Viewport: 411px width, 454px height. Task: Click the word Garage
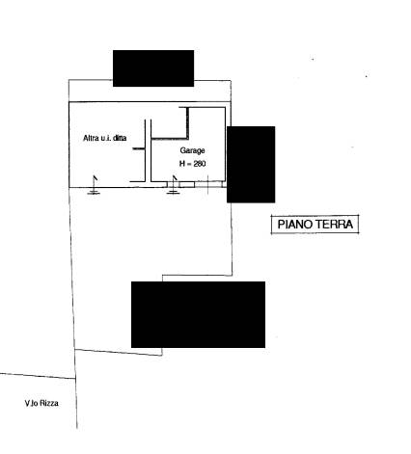click(x=192, y=150)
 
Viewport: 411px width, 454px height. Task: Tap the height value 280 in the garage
click(x=200, y=164)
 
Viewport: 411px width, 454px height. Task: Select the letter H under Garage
click(x=182, y=164)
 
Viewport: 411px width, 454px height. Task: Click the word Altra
click(x=91, y=138)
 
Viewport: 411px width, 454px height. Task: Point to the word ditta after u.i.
click(x=120, y=138)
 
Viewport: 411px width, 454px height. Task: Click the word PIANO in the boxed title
click(x=294, y=224)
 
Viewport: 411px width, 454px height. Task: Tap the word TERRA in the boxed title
click(x=334, y=224)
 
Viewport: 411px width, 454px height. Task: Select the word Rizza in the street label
click(x=49, y=403)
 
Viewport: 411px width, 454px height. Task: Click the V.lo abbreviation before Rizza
click(x=32, y=403)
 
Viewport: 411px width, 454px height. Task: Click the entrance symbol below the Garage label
click(x=173, y=185)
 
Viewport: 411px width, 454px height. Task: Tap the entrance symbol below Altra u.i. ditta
click(x=94, y=185)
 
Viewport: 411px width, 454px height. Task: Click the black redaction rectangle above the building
click(x=153, y=68)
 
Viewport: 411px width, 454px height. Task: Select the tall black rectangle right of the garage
click(x=251, y=165)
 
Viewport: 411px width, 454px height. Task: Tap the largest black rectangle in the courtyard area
click(x=198, y=314)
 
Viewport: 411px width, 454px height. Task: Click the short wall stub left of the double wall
click(x=139, y=148)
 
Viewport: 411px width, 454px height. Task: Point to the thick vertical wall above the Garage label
click(x=187, y=122)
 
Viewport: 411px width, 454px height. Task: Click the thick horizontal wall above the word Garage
click(x=170, y=139)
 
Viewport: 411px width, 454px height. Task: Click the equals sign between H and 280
click(x=189, y=164)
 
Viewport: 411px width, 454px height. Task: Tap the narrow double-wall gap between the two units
click(x=148, y=150)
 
